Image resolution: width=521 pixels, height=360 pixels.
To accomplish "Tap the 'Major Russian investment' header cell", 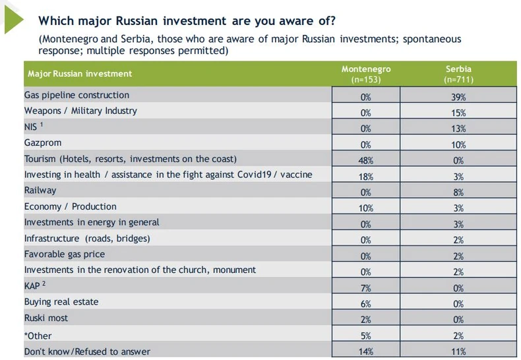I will tap(80, 74).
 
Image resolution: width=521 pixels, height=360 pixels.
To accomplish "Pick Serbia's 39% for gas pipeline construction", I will tap(459, 96).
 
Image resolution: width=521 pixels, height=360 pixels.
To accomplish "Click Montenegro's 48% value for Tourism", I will tap(366, 160).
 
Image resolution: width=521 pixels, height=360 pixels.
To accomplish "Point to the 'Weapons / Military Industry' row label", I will tap(80, 111).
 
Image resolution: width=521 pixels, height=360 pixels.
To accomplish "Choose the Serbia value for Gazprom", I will tap(459, 144).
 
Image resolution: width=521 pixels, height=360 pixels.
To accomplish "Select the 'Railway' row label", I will tap(40, 191).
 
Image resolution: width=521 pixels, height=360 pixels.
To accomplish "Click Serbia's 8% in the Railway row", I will tap(459, 193).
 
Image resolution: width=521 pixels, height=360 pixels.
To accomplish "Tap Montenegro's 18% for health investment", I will tap(366, 177).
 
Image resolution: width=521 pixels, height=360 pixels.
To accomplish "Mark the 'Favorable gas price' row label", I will tap(65, 254).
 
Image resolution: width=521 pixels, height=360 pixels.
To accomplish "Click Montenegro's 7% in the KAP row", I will tap(366, 288).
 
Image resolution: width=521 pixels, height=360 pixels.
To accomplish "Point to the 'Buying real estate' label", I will tap(61, 302).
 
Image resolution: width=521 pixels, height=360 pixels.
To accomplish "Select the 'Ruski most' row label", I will tap(46, 318).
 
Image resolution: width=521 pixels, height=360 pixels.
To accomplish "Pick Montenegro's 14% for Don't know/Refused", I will tap(366, 352).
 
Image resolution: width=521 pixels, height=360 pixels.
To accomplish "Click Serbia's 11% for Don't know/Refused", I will tap(459, 352).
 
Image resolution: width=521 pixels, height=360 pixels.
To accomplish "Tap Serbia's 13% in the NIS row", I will tap(459, 129).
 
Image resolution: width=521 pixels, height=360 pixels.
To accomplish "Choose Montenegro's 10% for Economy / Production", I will tap(366, 208).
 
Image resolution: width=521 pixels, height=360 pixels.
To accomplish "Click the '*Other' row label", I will tap(38, 335).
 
